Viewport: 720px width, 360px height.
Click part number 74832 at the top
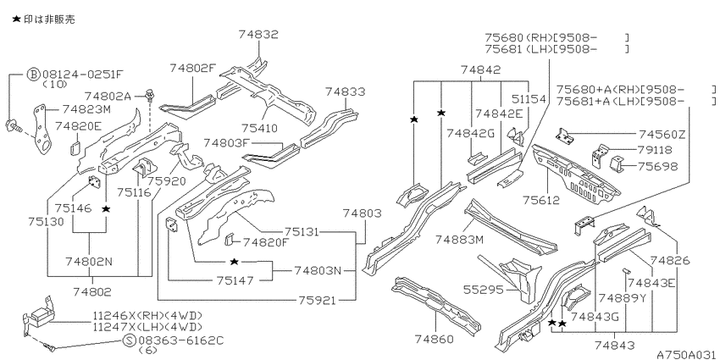[x=258, y=35]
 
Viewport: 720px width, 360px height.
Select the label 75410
[x=258, y=128]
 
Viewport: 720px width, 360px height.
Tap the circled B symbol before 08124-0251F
[x=33, y=75]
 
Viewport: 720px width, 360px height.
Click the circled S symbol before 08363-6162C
[x=130, y=341]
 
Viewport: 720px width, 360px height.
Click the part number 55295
[x=483, y=290]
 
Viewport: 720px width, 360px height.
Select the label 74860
[x=434, y=340]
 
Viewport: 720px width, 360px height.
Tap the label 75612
[x=543, y=200]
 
